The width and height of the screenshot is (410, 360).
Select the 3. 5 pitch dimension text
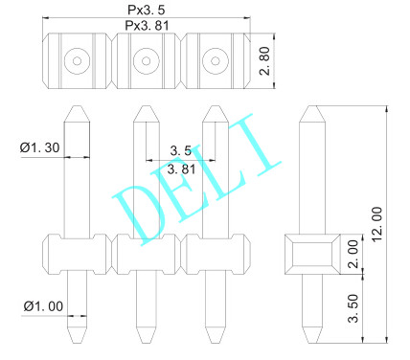click(x=180, y=151)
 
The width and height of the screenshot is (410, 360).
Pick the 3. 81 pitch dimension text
click(x=181, y=169)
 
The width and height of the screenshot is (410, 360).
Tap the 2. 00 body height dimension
click(x=352, y=256)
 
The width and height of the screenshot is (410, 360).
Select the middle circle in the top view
click(x=146, y=62)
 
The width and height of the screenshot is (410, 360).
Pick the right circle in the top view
click(x=214, y=62)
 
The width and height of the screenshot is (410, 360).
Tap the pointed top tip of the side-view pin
click(x=311, y=107)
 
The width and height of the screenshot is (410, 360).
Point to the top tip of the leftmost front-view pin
click(x=77, y=107)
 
